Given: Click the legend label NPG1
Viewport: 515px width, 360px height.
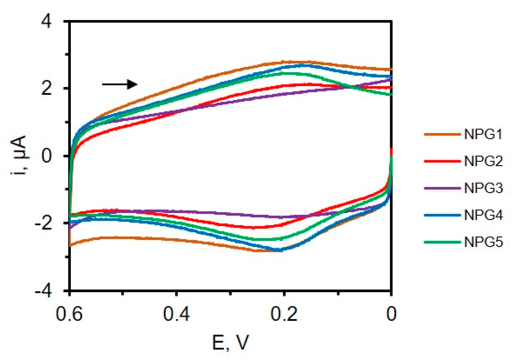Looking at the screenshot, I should (483, 134).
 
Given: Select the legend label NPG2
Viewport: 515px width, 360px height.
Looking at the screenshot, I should (483, 162).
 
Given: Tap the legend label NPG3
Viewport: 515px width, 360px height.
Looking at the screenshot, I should (483, 188).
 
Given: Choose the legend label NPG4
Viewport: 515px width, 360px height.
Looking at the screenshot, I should (483, 215).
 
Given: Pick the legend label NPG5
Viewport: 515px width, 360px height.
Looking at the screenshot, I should (483, 242).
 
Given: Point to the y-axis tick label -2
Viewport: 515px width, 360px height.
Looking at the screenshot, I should (43, 223).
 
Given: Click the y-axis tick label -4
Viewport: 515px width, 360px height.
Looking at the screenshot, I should (43, 291).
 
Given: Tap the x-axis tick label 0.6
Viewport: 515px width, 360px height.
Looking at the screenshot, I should (69, 314).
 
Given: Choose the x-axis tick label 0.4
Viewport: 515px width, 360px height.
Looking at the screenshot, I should (177, 314).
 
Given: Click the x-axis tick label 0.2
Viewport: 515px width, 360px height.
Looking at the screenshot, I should (284, 314).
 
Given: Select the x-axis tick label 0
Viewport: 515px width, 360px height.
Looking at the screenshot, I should (391, 314).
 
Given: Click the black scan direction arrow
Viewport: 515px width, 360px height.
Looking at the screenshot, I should (120, 84).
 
